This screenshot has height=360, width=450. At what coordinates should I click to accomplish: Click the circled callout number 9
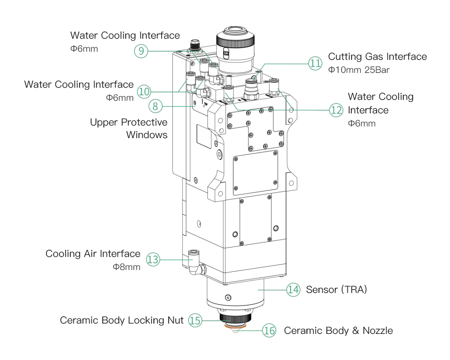(141, 51)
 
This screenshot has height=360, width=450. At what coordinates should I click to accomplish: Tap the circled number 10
(144, 92)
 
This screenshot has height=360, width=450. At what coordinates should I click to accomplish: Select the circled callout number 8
(155, 106)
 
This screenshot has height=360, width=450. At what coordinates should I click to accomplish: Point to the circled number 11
(315, 63)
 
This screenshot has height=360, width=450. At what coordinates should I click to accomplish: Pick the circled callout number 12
(336, 110)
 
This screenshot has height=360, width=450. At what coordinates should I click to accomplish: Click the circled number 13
(153, 260)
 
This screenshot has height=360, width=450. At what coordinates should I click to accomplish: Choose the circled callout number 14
(293, 290)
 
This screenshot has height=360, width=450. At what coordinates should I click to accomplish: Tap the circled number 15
(195, 320)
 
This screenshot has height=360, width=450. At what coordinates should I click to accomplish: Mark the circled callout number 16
(269, 331)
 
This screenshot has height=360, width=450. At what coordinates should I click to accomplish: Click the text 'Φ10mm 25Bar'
(359, 70)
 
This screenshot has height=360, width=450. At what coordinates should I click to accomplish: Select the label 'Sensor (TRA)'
(336, 290)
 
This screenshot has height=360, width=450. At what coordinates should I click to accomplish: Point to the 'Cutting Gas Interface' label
(378, 57)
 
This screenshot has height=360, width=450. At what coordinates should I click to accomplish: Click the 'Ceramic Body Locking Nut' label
(121, 320)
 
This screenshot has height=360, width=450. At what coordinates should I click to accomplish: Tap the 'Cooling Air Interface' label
(93, 254)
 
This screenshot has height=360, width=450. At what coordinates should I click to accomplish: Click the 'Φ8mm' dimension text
(126, 267)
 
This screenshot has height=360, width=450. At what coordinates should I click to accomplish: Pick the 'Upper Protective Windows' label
(129, 128)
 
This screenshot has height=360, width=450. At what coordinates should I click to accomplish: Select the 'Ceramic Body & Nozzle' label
(338, 331)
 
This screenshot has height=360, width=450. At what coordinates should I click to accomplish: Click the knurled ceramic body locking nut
(235, 318)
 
